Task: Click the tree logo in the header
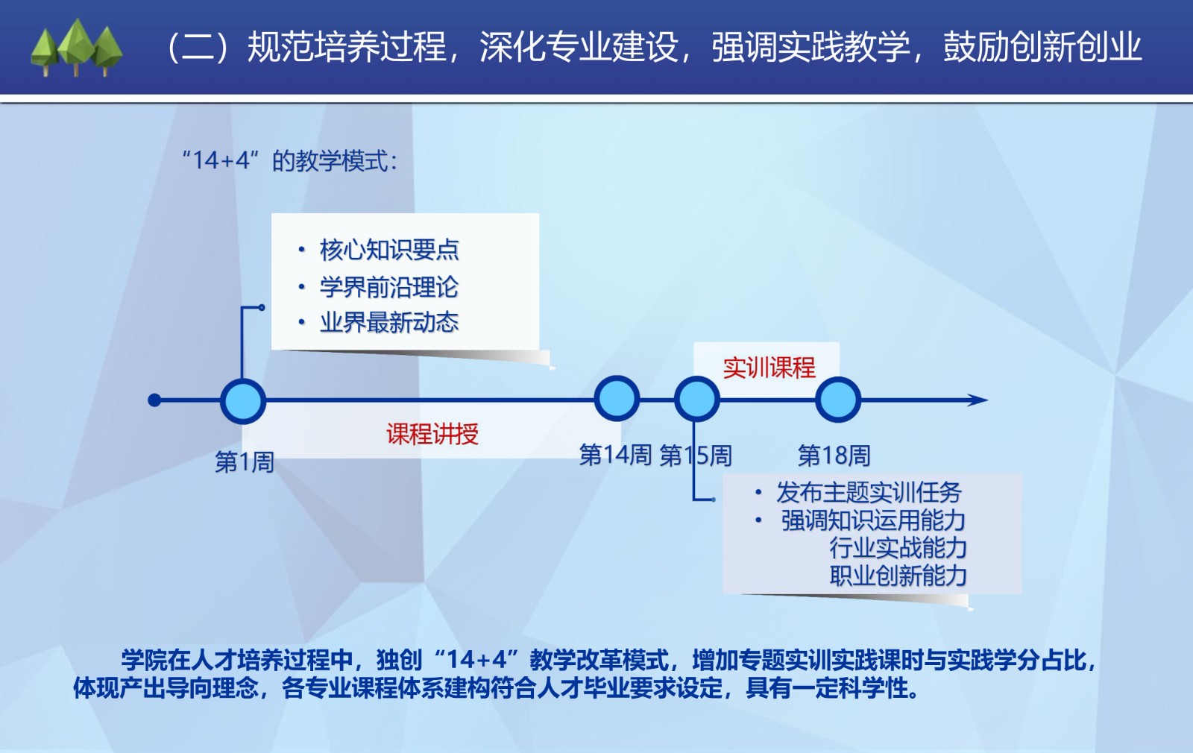pos(77,48)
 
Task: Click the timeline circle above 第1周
pos(243,401)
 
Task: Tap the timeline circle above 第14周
pos(617,399)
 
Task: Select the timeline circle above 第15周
pos(696,400)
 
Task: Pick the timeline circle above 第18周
pos(838,400)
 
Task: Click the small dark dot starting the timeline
pos(154,400)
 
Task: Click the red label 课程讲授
pos(432,433)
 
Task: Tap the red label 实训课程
pos(769,368)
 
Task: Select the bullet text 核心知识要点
pos(389,250)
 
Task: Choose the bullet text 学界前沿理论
pos(389,287)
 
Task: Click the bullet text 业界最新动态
pos(389,322)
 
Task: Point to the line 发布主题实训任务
pos(869,492)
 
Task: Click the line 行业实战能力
pos(898,547)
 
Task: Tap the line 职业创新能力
pos(898,576)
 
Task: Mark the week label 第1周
pos(245,461)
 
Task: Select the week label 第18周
pos(834,456)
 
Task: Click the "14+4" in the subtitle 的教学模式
pos(221,160)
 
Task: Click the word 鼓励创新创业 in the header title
pos(1042,47)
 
